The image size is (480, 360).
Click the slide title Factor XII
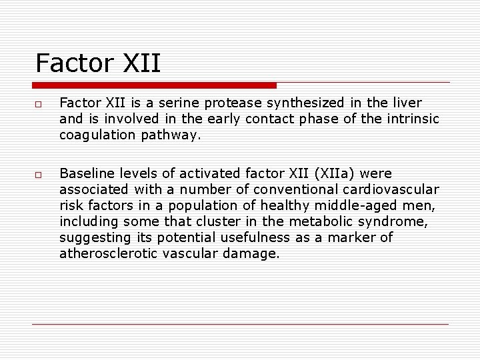pos(98,63)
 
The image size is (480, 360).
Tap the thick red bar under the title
pos(154,85)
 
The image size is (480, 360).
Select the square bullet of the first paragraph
pos(39,104)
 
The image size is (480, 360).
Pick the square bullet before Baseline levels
pos(39,175)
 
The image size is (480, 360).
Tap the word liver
pos(407,103)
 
